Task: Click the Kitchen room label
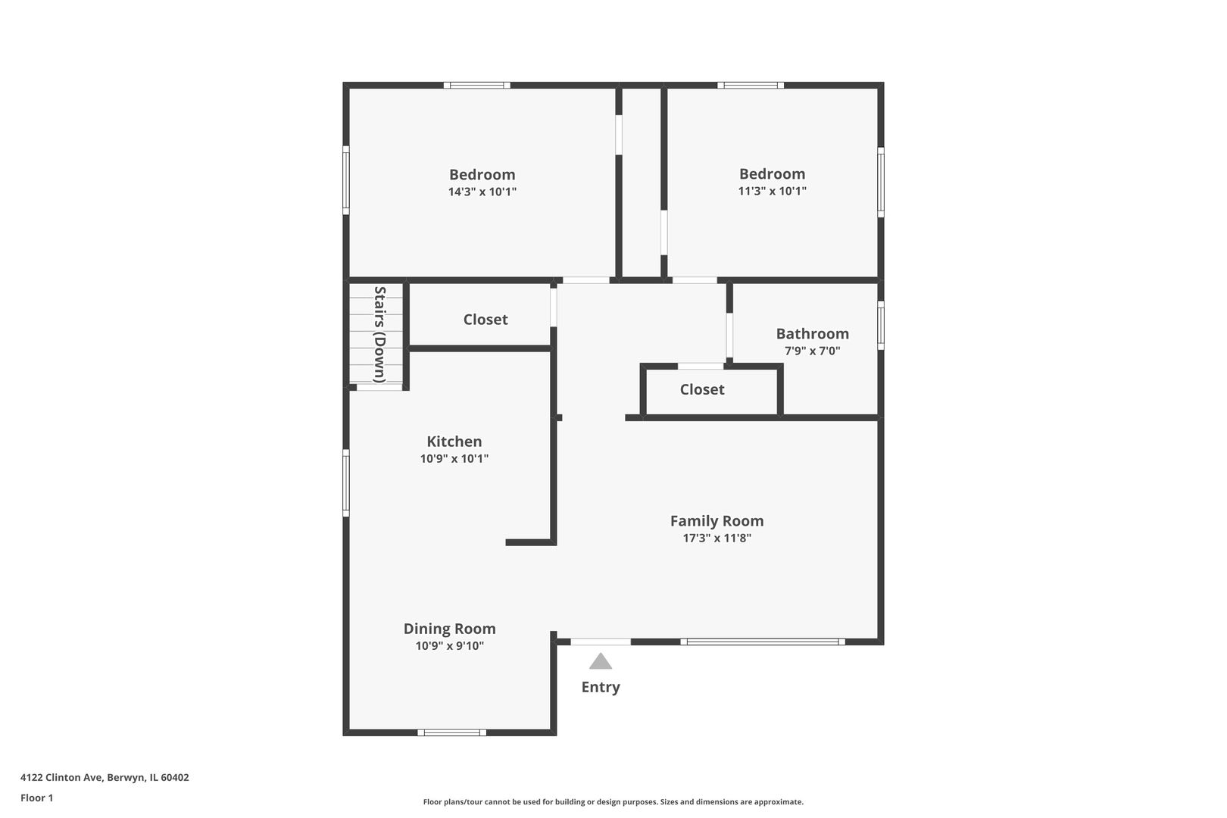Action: [x=454, y=442]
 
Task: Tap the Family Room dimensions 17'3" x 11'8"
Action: [x=717, y=539]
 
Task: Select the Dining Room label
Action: [x=449, y=629]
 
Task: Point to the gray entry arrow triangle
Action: [x=601, y=662]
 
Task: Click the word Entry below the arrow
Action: [x=601, y=687]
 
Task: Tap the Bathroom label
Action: [x=812, y=334]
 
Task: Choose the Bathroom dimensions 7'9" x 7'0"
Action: [x=812, y=351]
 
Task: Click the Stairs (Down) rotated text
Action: [x=380, y=334]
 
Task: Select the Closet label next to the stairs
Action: [x=485, y=320]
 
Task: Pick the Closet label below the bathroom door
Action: [x=702, y=389]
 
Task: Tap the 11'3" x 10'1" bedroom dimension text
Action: [x=772, y=192]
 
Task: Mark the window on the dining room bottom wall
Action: [x=452, y=732]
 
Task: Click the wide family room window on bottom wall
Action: [x=763, y=642]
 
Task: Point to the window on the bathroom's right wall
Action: [x=881, y=326]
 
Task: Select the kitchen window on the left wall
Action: [x=346, y=483]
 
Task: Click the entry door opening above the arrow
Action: [x=601, y=642]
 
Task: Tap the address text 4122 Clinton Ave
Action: [x=105, y=777]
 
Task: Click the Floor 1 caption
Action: [x=37, y=798]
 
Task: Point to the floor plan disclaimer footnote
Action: [x=613, y=801]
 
